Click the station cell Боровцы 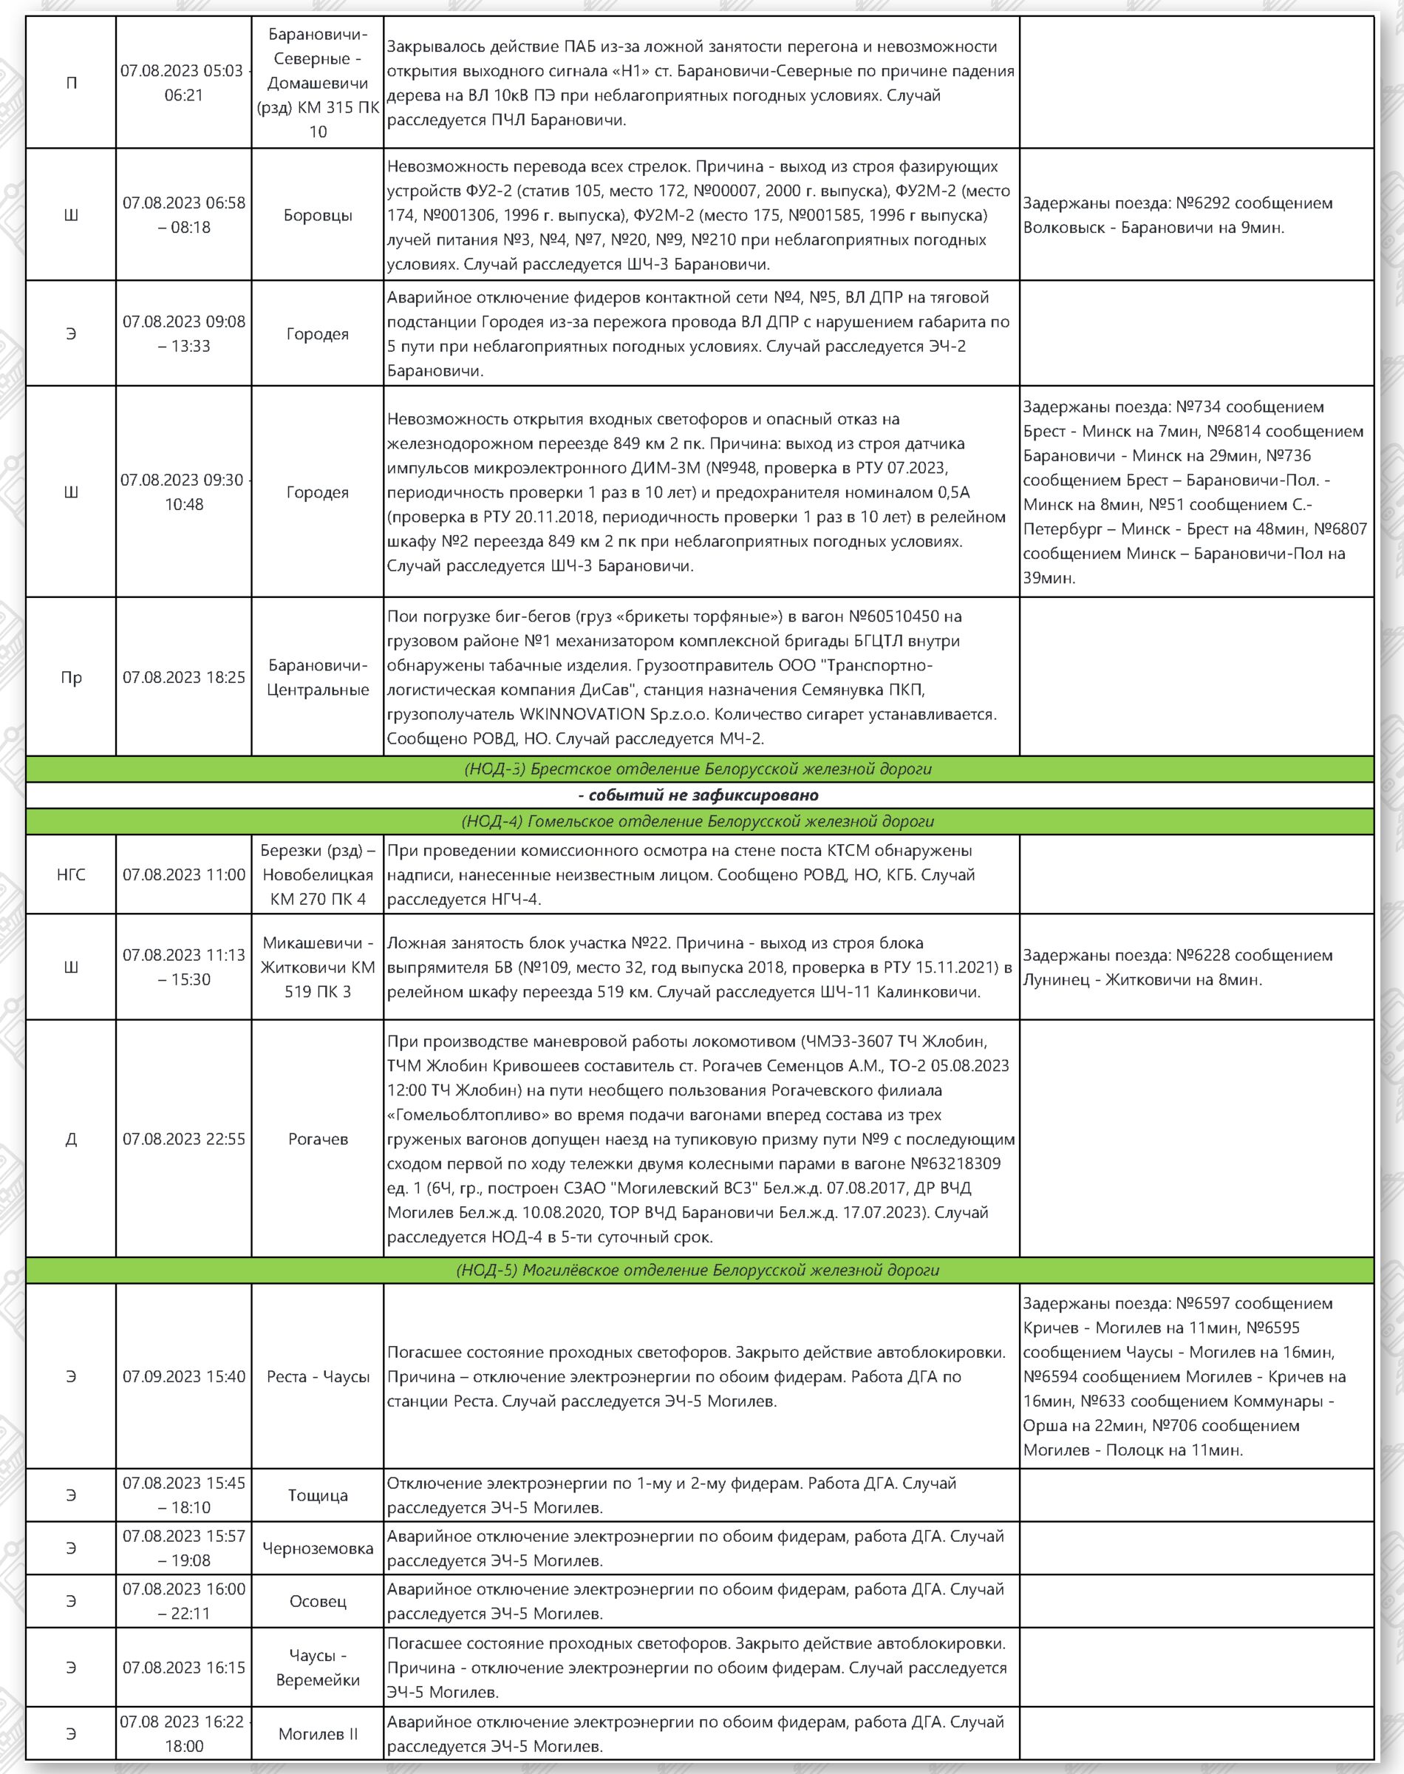coord(317,215)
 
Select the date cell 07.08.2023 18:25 coord(183,677)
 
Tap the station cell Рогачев coord(317,1138)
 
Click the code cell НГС coord(71,874)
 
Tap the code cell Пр coord(71,677)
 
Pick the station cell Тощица coord(317,1495)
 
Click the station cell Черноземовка coord(317,1548)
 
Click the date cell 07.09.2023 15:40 coord(183,1376)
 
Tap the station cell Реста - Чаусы coord(317,1376)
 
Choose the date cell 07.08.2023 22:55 coord(183,1138)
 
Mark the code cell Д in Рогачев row coord(71,1138)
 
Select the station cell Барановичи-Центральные coord(317,677)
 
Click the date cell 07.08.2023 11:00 coord(183,874)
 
